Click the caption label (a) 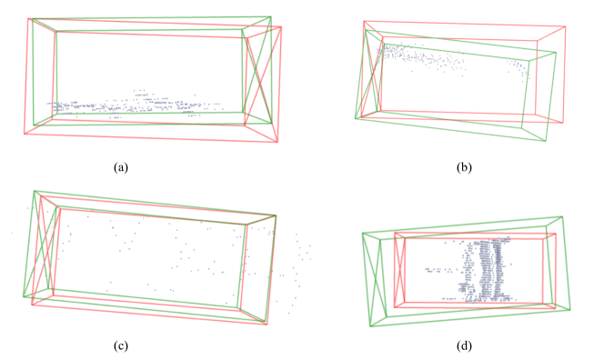(121, 167)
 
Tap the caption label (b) (464, 167)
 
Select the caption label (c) (121, 346)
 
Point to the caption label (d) (464, 346)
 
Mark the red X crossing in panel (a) (262, 82)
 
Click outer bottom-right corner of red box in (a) (277, 143)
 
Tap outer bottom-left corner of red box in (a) (25, 134)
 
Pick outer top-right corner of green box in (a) (271, 16)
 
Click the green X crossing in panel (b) (370, 76)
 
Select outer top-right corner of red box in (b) (566, 26)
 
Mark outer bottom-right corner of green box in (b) (545, 141)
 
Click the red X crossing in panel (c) (46, 249)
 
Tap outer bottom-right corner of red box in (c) (267, 325)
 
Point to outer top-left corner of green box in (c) (35, 191)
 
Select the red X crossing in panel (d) (400, 270)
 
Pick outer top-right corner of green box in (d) (562, 216)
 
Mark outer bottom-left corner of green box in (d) (370, 326)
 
